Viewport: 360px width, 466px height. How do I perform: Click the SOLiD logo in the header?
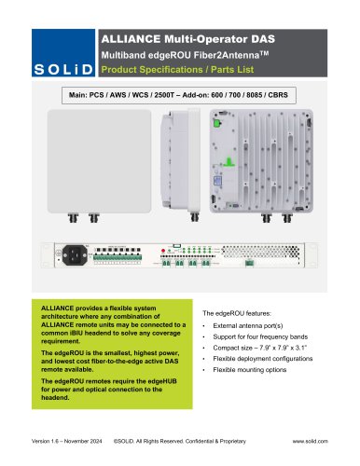pyautogui.click(x=47, y=71)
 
